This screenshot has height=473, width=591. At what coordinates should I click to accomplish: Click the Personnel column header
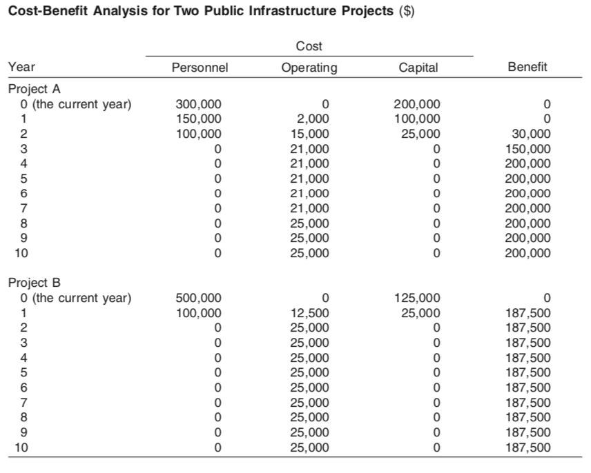coord(200,68)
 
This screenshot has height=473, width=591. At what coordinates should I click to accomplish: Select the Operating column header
coord(309,68)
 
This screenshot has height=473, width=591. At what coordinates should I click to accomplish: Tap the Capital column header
coord(418,68)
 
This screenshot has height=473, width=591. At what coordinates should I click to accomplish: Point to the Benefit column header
coord(527,67)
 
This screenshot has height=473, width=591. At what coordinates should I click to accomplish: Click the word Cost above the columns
coord(309,46)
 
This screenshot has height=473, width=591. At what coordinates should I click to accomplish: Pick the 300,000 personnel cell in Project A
coord(200,104)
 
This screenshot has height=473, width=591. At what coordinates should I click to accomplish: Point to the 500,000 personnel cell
coord(200,299)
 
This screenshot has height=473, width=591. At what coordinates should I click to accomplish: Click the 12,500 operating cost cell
coord(311,313)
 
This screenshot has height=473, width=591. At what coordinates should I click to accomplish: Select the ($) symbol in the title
coord(406,13)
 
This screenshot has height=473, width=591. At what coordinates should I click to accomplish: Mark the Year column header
coord(21,67)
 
